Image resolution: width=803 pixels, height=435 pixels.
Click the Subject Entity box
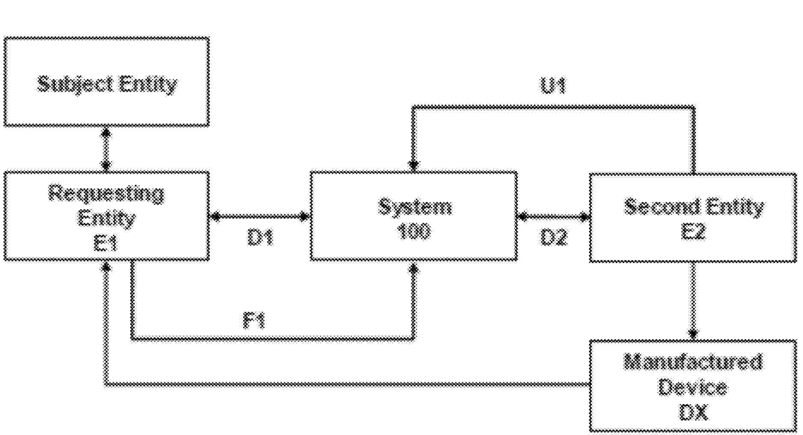[x=107, y=82]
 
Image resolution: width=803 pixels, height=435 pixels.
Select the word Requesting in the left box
[x=106, y=193]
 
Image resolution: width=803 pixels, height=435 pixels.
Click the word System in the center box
[x=414, y=207]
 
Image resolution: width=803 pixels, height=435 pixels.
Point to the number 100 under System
[x=414, y=232]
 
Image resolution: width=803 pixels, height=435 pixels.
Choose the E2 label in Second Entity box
[x=693, y=232]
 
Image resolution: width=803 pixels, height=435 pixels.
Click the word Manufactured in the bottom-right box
[x=693, y=362]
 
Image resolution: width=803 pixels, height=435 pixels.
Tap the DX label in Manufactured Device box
[x=693, y=412]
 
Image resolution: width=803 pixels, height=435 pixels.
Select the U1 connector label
[x=553, y=86]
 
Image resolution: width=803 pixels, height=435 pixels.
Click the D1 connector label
[x=260, y=237]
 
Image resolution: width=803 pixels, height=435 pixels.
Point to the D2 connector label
[x=554, y=237]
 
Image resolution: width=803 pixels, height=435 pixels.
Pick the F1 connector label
[x=254, y=320]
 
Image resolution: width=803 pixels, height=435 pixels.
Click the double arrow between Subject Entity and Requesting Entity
[x=106, y=149]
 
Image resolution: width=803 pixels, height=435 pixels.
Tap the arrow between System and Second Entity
[x=553, y=216]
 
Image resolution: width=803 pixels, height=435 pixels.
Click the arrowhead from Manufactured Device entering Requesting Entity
[x=106, y=267]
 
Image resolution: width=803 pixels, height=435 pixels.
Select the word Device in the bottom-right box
[x=692, y=388]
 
